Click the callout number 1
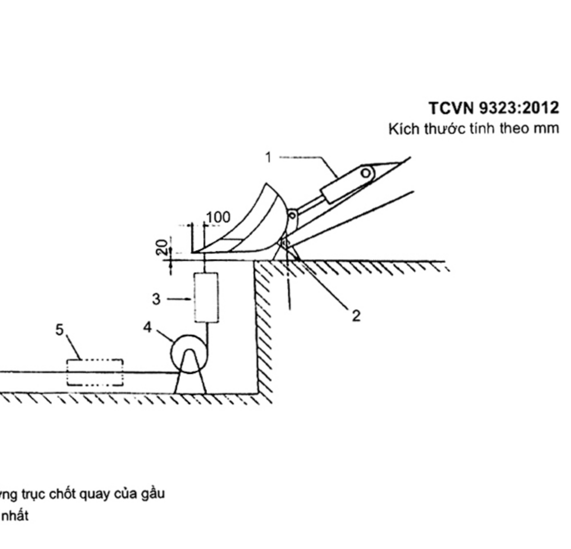268,158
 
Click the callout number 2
356,316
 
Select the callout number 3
156,299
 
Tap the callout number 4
147,327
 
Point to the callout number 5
59,330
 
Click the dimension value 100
218,217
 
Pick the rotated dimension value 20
161,247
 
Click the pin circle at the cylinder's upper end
365,173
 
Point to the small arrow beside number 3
179,299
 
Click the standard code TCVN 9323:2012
494,108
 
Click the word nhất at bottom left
15,515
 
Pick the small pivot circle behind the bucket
292,216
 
